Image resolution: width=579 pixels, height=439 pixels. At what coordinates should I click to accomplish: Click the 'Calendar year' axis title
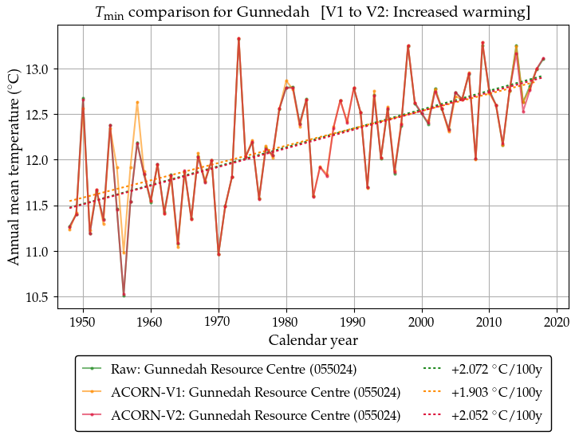coord(313,340)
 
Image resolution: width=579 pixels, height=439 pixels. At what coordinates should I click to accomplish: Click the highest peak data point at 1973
coord(238,38)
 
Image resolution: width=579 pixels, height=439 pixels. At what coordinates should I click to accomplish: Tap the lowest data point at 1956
coord(124,295)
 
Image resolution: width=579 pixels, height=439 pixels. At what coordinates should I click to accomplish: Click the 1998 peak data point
coord(408,45)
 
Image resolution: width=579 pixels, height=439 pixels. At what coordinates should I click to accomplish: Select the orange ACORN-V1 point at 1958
coord(137,102)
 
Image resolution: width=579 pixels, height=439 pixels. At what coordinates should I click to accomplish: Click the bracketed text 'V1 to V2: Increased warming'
coord(413,12)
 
